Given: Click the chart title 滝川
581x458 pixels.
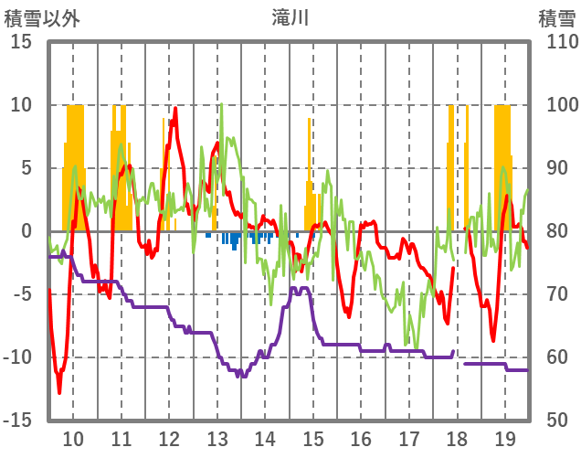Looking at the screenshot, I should click(290, 18).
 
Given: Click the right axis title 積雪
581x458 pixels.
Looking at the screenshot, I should click(556, 18).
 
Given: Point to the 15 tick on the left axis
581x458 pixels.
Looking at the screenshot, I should click(21, 42).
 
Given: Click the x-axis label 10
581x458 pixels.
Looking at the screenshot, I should click(73, 438).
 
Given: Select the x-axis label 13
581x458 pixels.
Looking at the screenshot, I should click(217, 438).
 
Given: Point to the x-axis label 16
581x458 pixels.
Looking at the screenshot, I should click(361, 438).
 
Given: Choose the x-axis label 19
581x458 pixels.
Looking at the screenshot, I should click(505, 438).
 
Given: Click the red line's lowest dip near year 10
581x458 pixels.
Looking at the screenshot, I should click(59, 392).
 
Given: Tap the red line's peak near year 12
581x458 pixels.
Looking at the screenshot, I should click(175, 109).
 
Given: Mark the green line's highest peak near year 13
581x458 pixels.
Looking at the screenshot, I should click(221, 104).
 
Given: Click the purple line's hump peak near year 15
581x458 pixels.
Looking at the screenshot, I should click(299, 289).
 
